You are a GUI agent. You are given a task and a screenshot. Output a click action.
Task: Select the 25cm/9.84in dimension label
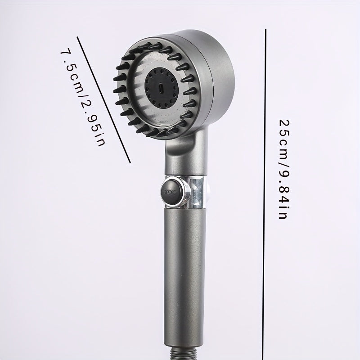tap(283, 169)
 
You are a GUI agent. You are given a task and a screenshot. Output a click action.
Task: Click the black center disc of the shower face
tap(162, 88)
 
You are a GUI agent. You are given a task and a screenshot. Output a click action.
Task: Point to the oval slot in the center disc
tap(161, 88)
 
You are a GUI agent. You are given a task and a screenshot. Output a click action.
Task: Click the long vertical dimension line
tap(264, 194)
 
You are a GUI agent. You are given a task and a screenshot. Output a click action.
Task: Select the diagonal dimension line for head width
tap(103, 99)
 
